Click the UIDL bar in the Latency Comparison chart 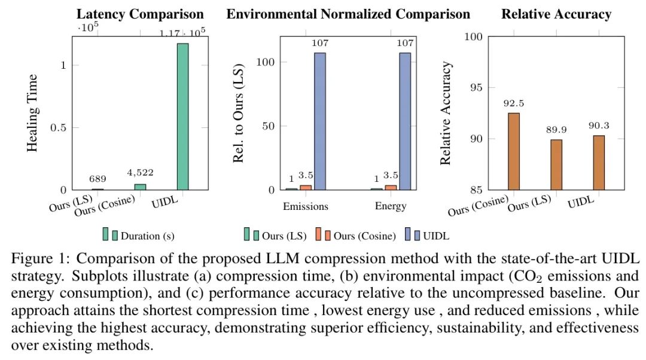coord(182,117)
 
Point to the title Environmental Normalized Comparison coord(348,14)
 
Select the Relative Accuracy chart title coord(556,14)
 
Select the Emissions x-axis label coord(306,206)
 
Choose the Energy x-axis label coord(391,206)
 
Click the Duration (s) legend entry coord(147,236)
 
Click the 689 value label coord(98,179)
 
